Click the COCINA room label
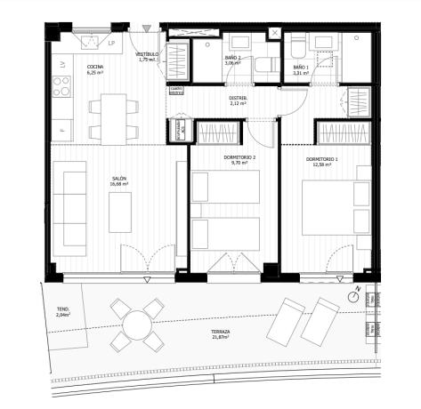95,68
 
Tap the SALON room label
118,179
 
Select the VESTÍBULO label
147,54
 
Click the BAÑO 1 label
301,68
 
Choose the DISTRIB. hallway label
238,99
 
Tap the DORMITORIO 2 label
238,158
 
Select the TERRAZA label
221,332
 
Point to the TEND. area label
62,309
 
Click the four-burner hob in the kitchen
63,88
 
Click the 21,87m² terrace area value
221,338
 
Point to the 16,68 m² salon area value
118,184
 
